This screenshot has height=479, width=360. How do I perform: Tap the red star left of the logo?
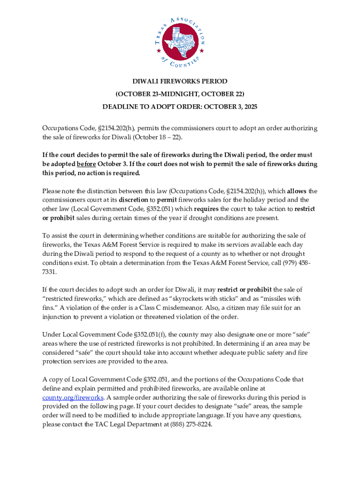[158, 51]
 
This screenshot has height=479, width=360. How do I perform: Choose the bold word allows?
[297, 191]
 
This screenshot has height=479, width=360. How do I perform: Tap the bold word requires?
[207, 209]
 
